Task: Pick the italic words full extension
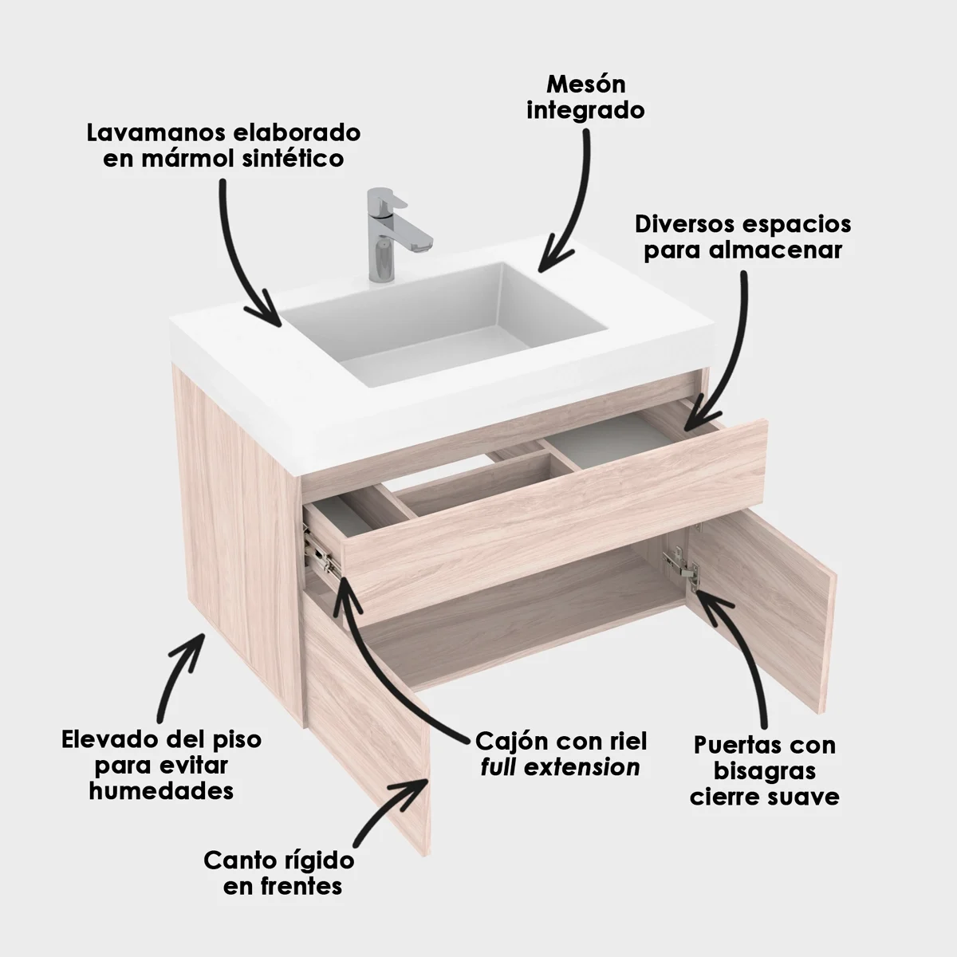point(561,767)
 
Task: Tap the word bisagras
point(765,771)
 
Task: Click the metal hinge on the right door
point(682,562)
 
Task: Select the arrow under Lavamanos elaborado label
point(243,255)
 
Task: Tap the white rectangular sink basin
point(447,319)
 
